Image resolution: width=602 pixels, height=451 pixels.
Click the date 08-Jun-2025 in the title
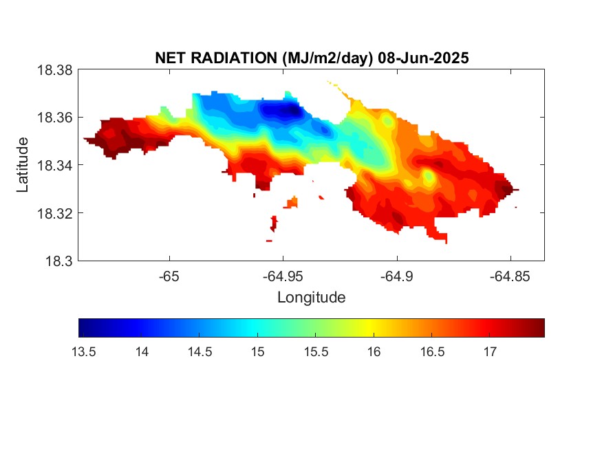click(x=423, y=58)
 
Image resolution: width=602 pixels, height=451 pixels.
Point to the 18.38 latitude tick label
click(x=54, y=70)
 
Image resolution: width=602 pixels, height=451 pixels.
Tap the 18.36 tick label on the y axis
click(x=54, y=118)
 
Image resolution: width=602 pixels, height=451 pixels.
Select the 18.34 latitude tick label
click(x=54, y=165)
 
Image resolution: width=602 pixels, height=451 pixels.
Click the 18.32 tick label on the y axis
click(x=54, y=213)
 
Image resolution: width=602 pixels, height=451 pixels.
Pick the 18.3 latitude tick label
click(x=58, y=261)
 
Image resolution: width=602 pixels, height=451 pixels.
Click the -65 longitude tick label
click(x=169, y=276)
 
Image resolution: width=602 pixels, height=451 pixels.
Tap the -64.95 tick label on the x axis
click(x=283, y=276)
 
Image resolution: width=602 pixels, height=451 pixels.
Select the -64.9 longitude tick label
click(x=396, y=276)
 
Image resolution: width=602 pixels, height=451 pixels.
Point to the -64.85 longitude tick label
click(x=510, y=276)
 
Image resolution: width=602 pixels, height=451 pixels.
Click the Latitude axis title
click(x=23, y=165)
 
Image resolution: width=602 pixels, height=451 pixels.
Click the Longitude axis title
click(x=312, y=298)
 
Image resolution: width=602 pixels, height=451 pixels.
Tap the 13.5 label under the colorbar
click(x=83, y=352)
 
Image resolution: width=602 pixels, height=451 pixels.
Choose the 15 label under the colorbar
click(x=257, y=352)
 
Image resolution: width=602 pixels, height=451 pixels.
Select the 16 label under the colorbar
click(x=374, y=352)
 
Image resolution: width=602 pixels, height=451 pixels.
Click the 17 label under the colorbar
click(x=490, y=352)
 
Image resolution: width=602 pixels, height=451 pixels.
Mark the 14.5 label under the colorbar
click(x=200, y=352)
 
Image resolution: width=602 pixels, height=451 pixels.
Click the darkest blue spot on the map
click(x=292, y=111)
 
